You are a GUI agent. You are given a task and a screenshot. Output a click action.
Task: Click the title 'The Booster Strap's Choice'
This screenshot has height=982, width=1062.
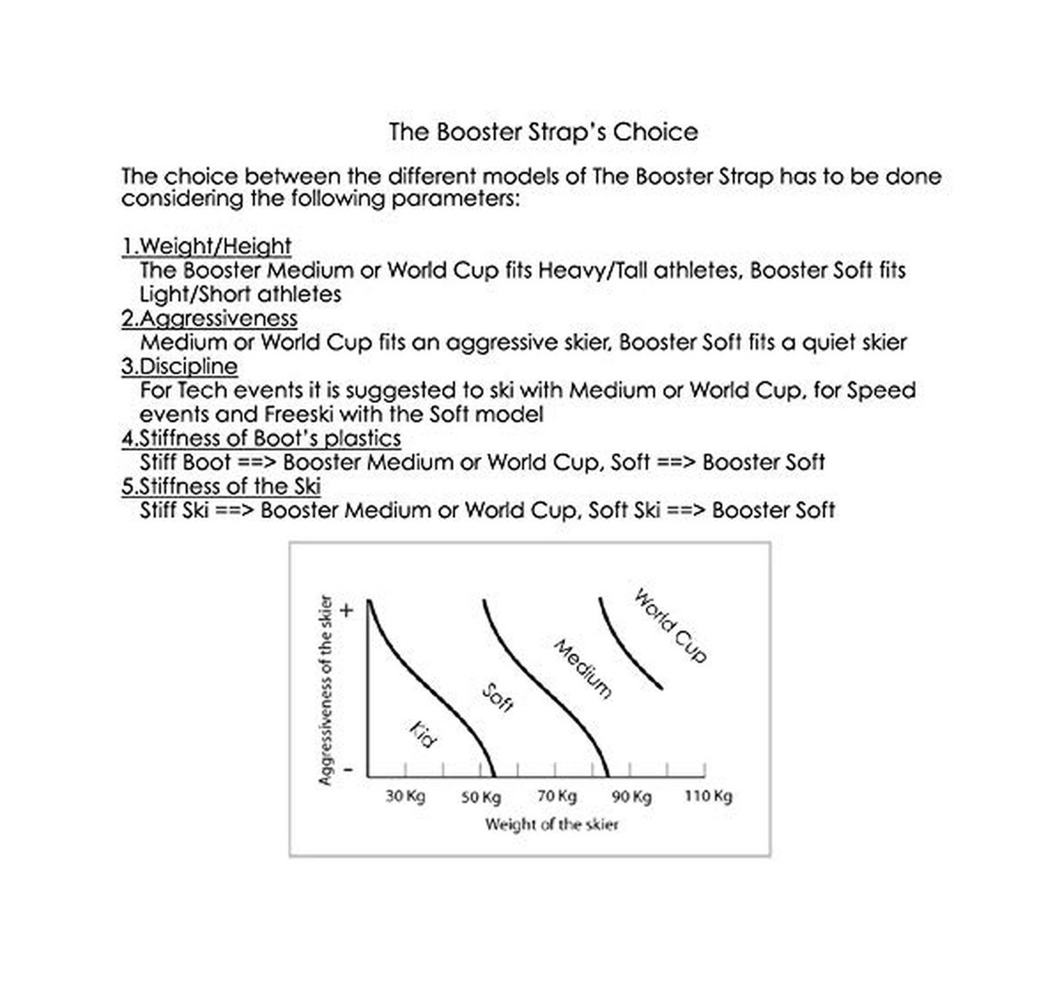point(543,132)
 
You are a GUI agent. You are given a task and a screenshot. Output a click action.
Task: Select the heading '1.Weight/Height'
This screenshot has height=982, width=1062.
point(206,246)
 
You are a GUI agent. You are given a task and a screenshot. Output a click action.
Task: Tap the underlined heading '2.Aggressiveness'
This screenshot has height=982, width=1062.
point(209,319)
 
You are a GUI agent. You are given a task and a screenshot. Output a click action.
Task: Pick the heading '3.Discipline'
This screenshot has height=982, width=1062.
point(179,367)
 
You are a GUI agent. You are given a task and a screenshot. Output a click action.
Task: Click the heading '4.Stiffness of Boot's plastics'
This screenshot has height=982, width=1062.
point(261,438)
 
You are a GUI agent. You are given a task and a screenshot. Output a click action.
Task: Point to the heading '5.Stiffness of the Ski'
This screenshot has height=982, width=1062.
point(221,486)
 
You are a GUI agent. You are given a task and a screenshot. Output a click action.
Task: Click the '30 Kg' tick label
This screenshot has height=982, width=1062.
point(405,795)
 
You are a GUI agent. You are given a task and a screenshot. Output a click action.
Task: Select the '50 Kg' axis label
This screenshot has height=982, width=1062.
point(481,796)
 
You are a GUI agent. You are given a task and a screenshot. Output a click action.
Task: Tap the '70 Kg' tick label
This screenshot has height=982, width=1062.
point(557,795)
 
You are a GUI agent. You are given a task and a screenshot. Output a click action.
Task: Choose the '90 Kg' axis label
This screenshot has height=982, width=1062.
point(632,796)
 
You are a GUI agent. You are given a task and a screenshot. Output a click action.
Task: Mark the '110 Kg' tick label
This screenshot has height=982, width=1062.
point(708,795)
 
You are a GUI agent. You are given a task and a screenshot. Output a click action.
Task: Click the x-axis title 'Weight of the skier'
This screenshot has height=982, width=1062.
point(551,825)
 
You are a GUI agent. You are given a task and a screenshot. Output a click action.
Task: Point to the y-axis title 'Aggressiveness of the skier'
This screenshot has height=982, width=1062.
point(325,691)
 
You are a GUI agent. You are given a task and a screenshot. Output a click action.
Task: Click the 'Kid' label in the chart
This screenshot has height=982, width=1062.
point(422,734)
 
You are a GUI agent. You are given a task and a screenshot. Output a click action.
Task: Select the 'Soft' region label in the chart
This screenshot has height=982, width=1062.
point(497,698)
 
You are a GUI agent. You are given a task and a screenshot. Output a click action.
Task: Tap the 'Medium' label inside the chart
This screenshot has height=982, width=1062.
point(582,669)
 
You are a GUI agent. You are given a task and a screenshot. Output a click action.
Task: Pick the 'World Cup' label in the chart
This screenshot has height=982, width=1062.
point(670,625)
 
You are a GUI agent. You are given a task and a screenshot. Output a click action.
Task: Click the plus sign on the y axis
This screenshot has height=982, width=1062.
point(347,610)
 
